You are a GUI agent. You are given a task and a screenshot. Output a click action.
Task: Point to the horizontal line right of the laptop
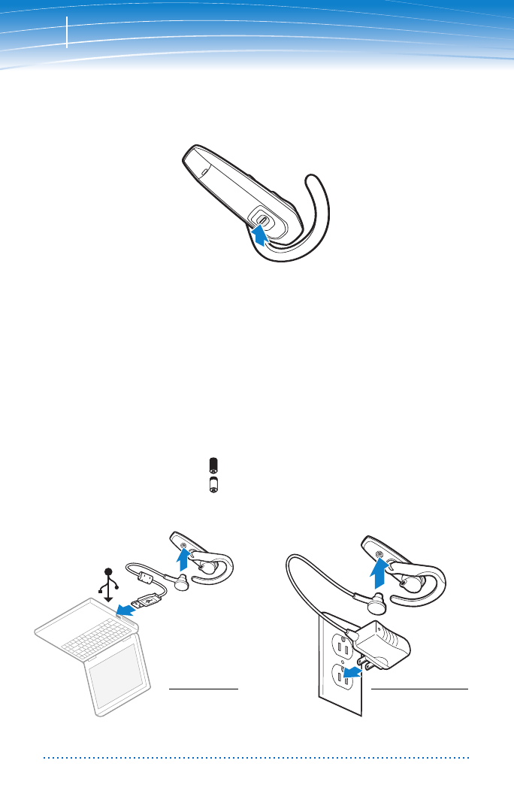click(x=203, y=688)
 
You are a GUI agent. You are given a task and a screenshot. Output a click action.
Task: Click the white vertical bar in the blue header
click(x=67, y=32)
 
